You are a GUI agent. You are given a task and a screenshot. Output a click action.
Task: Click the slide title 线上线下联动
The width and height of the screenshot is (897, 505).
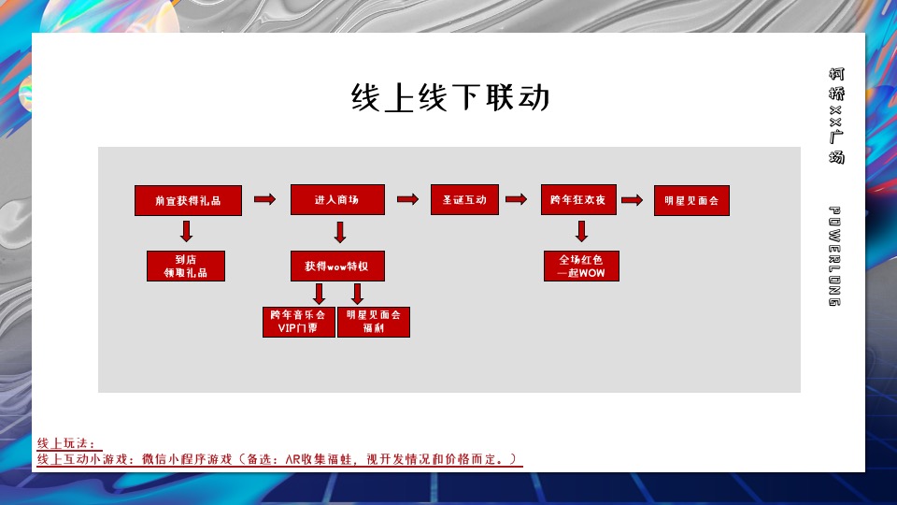(x=449, y=98)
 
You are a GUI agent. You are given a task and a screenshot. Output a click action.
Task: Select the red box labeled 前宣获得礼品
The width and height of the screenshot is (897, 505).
(x=189, y=200)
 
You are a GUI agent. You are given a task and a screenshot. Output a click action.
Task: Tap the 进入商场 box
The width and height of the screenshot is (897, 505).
(x=337, y=200)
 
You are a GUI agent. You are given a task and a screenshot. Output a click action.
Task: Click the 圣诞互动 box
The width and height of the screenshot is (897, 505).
(x=464, y=200)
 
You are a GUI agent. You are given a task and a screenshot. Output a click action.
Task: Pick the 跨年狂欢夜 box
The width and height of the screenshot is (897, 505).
(x=579, y=200)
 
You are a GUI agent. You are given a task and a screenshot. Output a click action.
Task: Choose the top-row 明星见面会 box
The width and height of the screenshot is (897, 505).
(x=691, y=200)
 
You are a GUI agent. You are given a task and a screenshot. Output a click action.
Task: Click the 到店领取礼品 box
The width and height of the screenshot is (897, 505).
(x=185, y=266)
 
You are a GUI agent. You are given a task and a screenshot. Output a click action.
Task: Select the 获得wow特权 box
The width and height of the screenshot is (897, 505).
(x=337, y=266)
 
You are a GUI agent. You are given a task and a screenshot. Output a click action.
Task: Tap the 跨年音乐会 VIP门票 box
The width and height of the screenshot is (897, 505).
(x=298, y=322)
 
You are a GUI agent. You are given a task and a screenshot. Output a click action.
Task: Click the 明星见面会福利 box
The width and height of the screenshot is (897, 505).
(x=373, y=322)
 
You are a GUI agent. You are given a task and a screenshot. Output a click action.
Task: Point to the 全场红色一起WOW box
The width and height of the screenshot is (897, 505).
(x=581, y=266)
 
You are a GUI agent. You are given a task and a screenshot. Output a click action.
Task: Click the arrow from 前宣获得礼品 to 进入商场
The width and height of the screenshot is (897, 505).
(x=265, y=199)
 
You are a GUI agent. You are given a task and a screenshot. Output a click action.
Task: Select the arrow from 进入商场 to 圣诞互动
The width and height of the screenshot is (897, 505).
(x=407, y=199)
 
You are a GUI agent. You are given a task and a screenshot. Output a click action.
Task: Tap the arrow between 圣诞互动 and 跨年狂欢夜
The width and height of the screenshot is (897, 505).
(x=515, y=199)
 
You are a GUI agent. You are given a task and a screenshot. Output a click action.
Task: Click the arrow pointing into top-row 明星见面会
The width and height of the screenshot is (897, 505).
(x=632, y=199)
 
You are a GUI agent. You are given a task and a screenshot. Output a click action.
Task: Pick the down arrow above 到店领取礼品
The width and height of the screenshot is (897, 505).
(x=186, y=232)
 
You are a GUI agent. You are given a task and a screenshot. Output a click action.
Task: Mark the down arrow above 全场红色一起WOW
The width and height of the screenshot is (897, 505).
(x=581, y=232)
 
